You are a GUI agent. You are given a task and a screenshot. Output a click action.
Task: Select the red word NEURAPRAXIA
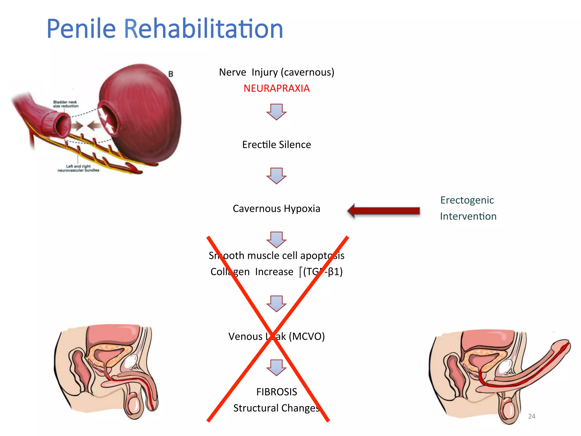[x=277, y=88]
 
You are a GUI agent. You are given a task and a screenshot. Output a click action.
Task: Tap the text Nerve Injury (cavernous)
[x=277, y=72]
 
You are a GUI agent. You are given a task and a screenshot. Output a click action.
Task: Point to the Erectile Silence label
[x=277, y=145]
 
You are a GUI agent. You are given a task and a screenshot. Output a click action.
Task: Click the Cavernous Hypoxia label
[x=277, y=209]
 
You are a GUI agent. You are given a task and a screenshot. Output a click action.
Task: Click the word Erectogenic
[x=467, y=200]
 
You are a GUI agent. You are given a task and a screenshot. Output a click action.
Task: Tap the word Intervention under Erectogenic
[x=468, y=216]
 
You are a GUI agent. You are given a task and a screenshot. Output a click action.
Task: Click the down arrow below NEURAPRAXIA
[x=276, y=112]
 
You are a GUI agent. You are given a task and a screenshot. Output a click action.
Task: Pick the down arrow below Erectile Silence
[x=276, y=176]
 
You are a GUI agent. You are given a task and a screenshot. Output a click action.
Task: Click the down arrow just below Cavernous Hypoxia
[x=276, y=240]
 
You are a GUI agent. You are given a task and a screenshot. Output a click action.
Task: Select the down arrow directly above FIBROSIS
[x=276, y=368]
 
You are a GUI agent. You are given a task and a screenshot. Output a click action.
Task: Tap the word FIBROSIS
[x=277, y=392]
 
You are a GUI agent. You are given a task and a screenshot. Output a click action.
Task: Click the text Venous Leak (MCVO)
[x=277, y=336]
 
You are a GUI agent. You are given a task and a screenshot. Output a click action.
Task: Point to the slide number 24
[x=532, y=416]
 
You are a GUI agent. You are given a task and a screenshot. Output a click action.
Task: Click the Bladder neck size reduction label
[x=66, y=104]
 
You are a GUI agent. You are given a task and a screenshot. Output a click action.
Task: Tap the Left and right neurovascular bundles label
[x=78, y=168]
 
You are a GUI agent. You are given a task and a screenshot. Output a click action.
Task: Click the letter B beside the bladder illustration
[x=170, y=74]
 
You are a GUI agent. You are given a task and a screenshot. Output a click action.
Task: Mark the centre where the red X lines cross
[x=273, y=334]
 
